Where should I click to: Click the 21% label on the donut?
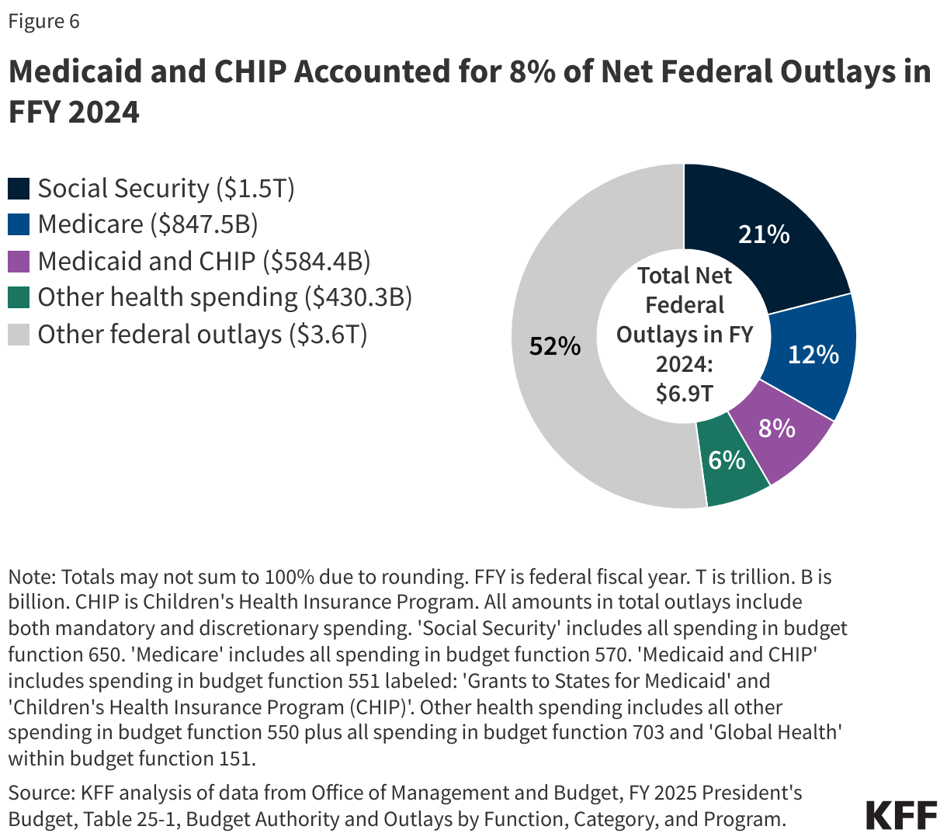pos(764,234)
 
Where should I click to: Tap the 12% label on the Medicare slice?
pos(813,355)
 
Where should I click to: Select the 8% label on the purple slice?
pos(776,428)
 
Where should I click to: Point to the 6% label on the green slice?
pos(727,460)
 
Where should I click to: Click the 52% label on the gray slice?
pos(554,346)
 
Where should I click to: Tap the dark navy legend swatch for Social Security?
pos(19,189)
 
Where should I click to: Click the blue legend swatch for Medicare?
pos(19,225)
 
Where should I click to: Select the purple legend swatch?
pos(19,262)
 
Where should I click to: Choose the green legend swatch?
pos(19,297)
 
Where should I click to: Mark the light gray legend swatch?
pos(19,335)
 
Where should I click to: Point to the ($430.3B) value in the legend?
pos(358,297)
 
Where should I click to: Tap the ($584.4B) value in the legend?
pos(317,262)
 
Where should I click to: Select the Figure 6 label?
pos(44,21)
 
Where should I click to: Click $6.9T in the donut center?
pos(684,394)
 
